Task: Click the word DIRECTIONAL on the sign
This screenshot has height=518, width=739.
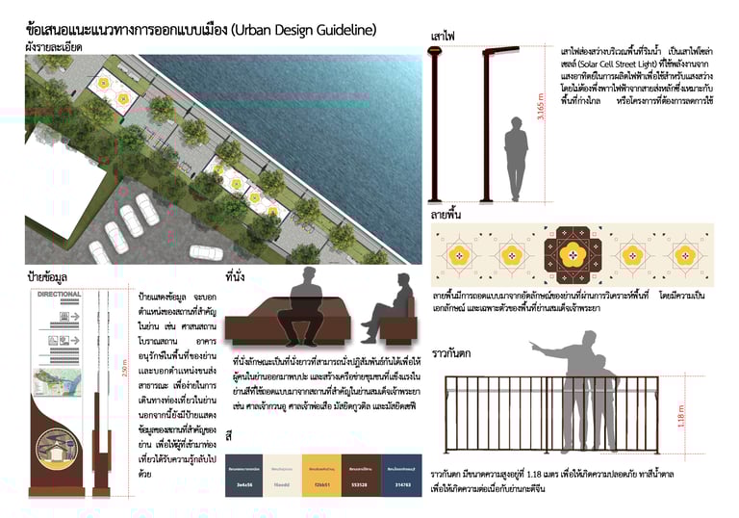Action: tap(62, 295)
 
